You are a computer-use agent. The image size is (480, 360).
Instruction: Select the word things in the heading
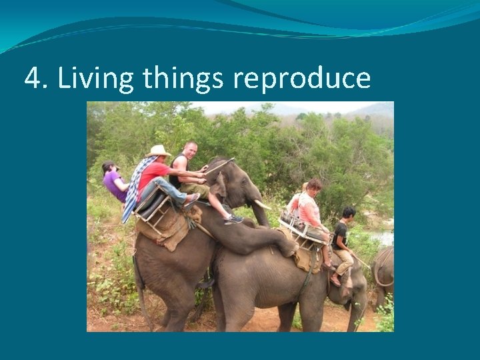click(183, 79)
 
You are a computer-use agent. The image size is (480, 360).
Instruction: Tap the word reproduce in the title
click(301, 79)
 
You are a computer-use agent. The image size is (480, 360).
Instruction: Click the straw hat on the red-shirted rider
click(159, 151)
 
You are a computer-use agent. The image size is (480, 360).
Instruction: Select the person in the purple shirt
click(114, 181)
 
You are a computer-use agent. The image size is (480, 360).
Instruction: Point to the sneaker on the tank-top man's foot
click(234, 218)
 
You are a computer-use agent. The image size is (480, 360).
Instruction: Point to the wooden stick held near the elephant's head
click(219, 166)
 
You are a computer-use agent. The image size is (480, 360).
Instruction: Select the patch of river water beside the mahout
click(384, 237)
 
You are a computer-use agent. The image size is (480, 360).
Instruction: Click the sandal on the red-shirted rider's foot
click(191, 199)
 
